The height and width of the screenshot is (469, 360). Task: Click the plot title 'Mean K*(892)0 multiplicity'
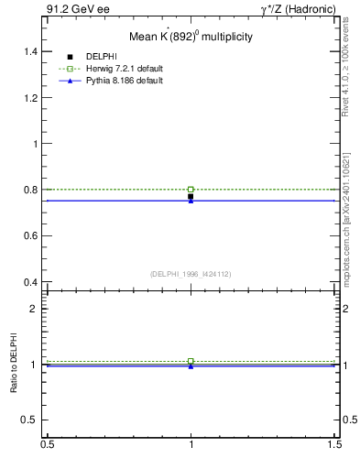(x=191, y=38)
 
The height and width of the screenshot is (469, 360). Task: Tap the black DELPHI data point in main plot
(x=191, y=196)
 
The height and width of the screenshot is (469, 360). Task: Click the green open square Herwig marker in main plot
(x=191, y=189)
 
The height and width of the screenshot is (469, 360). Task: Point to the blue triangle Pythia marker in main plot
(x=191, y=201)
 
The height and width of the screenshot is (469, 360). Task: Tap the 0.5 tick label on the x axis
(x=46, y=457)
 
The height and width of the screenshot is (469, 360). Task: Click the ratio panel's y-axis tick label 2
(x=34, y=309)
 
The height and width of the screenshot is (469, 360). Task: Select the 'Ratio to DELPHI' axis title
(x=15, y=365)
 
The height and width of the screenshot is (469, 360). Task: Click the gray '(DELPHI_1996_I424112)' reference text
(x=191, y=273)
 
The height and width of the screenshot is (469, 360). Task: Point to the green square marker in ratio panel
(x=191, y=361)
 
